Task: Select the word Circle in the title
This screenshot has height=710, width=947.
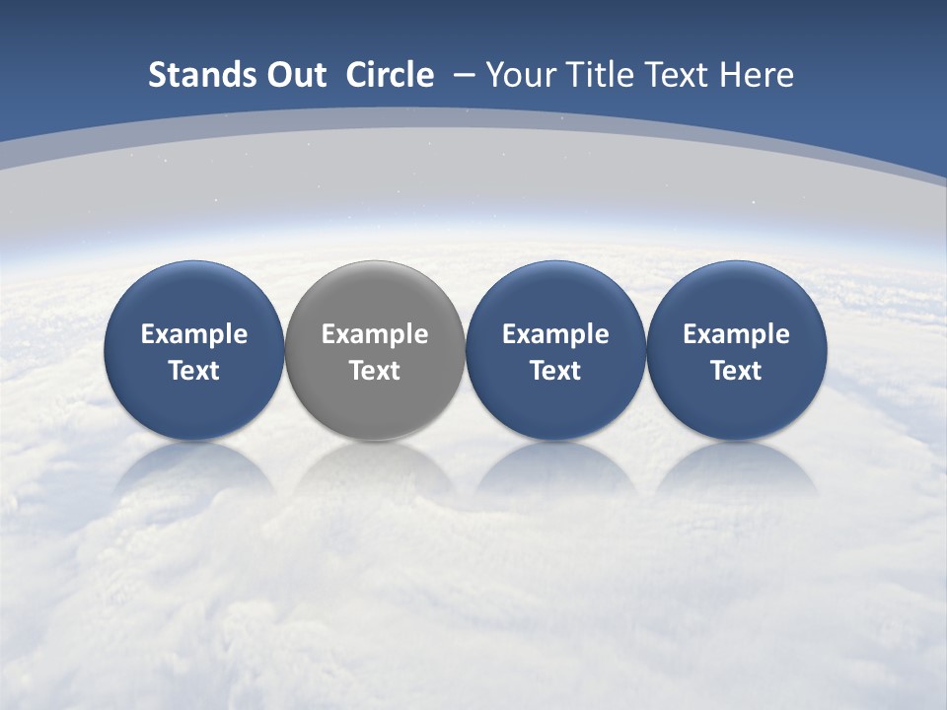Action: coord(390,75)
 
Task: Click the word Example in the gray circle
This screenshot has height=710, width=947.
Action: coord(375,334)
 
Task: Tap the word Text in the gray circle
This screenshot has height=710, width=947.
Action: coord(375,371)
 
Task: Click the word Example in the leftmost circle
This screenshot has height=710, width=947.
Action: coord(193,334)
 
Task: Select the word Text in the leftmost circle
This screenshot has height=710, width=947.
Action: coord(193,371)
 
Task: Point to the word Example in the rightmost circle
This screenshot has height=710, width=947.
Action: coord(736,334)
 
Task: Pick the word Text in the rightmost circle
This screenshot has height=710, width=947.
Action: coord(736,371)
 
